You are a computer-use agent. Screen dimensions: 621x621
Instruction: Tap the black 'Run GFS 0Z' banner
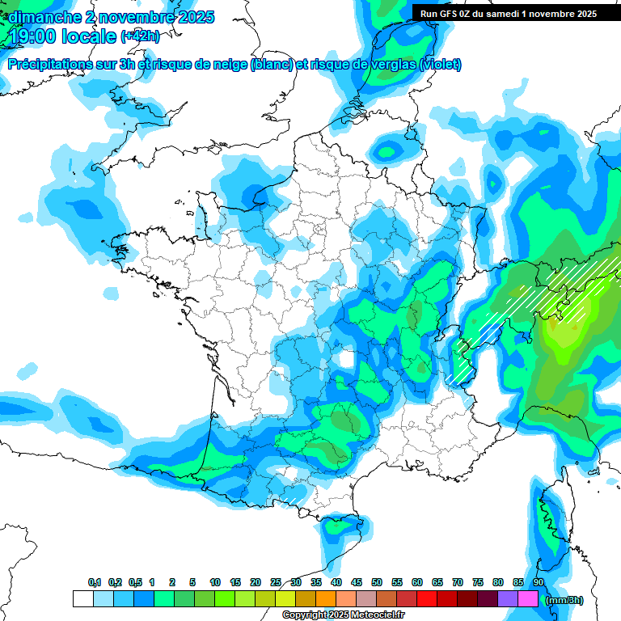click(x=508, y=13)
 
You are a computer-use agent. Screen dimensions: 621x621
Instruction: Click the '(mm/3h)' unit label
click(x=564, y=600)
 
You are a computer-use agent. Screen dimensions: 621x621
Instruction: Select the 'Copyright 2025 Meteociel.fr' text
click(x=343, y=615)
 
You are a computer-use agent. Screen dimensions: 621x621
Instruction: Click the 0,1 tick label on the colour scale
click(x=95, y=582)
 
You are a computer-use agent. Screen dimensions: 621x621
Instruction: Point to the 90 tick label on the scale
click(x=538, y=582)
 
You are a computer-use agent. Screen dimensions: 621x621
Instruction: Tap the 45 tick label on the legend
click(x=357, y=582)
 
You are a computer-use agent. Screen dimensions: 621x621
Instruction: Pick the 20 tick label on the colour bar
click(x=256, y=582)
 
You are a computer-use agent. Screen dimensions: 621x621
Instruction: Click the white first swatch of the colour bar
click(x=82, y=599)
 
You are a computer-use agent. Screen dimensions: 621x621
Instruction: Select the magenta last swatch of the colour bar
click(x=528, y=599)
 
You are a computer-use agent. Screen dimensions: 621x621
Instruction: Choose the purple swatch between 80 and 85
click(x=508, y=599)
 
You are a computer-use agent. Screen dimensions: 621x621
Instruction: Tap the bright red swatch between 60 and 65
click(x=427, y=599)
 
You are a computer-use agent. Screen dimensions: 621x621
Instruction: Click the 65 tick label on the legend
click(x=437, y=582)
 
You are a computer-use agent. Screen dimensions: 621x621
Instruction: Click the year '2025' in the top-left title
click(x=193, y=17)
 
